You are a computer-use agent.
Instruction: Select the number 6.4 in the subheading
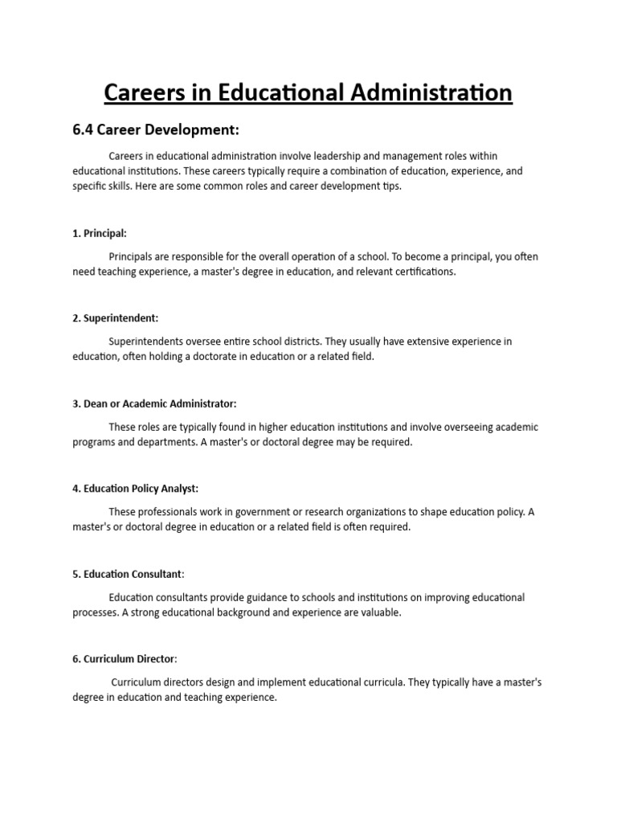click(x=86, y=130)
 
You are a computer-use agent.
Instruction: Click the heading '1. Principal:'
click(x=100, y=233)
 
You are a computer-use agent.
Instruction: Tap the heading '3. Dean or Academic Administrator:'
click(x=154, y=403)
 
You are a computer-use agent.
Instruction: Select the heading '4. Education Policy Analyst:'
click(x=137, y=489)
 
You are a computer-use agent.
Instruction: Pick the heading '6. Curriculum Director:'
click(x=125, y=659)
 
